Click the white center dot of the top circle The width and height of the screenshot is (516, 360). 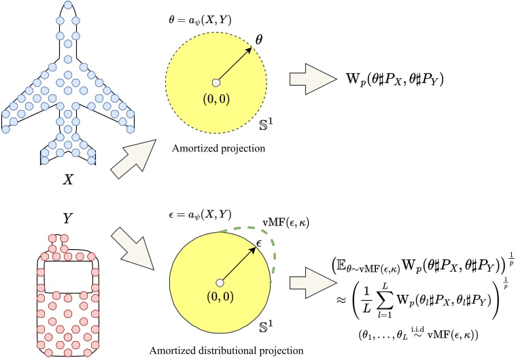[x=216, y=82]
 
